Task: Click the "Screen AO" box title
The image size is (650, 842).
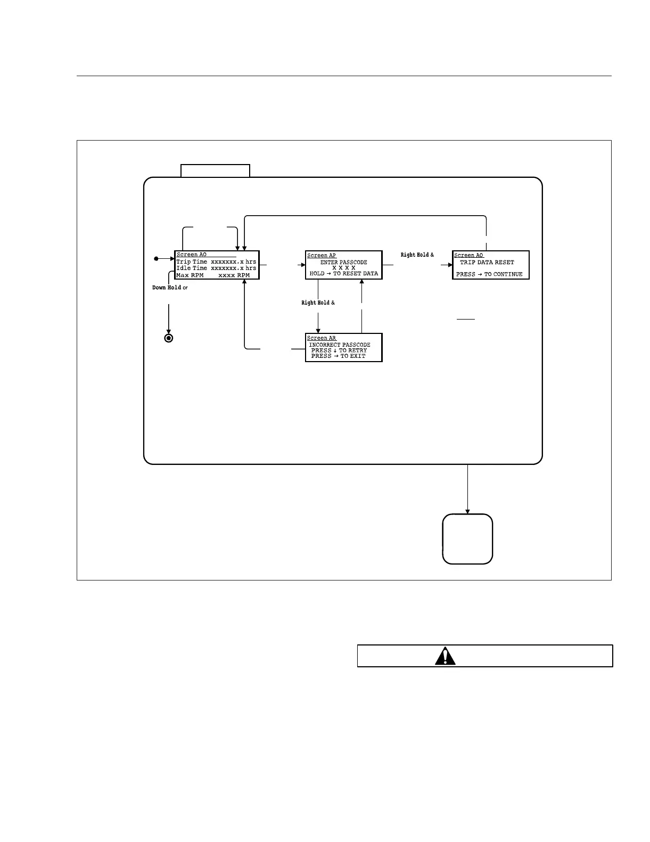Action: (192, 255)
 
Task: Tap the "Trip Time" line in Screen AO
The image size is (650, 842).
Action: (216, 261)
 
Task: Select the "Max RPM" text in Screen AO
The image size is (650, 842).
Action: (190, 275)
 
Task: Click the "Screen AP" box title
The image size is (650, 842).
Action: (322, 256)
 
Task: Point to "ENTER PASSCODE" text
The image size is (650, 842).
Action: (343, 262)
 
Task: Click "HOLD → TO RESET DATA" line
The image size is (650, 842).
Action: (343, 273)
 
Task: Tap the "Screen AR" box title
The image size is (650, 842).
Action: (322, 338)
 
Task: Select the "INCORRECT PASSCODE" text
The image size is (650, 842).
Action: (340, 345)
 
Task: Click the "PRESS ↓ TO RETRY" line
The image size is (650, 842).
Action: (339, 350)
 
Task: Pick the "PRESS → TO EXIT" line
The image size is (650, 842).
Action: (339, 356)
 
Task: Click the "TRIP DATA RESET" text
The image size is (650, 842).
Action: (487, 262)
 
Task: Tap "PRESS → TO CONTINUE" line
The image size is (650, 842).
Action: (489, 274)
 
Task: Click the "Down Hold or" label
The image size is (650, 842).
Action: (170, 288)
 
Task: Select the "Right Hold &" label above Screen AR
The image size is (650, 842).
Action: (318, 303)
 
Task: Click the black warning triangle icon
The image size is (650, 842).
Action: (445, 656)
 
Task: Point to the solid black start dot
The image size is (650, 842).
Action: (156, 259)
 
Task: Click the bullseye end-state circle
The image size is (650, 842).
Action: (169, 338)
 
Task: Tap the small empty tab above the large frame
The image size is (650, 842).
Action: (215, 171)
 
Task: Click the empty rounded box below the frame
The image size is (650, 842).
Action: (467, 539)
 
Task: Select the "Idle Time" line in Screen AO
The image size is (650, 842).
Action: (216, 268)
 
